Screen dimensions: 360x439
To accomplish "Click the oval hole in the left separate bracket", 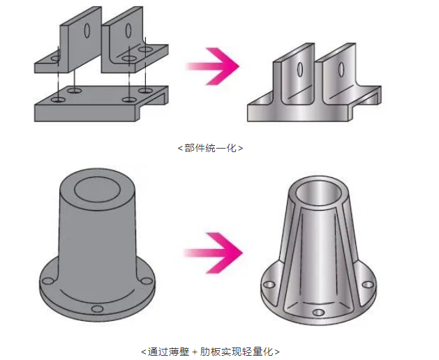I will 87,30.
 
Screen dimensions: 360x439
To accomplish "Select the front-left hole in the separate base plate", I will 59,100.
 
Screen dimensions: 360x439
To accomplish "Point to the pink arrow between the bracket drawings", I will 211,67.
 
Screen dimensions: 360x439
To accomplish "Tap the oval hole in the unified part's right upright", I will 342,70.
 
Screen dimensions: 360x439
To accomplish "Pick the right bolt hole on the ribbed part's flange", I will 365,283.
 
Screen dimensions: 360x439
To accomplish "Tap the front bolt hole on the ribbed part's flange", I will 318,311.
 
